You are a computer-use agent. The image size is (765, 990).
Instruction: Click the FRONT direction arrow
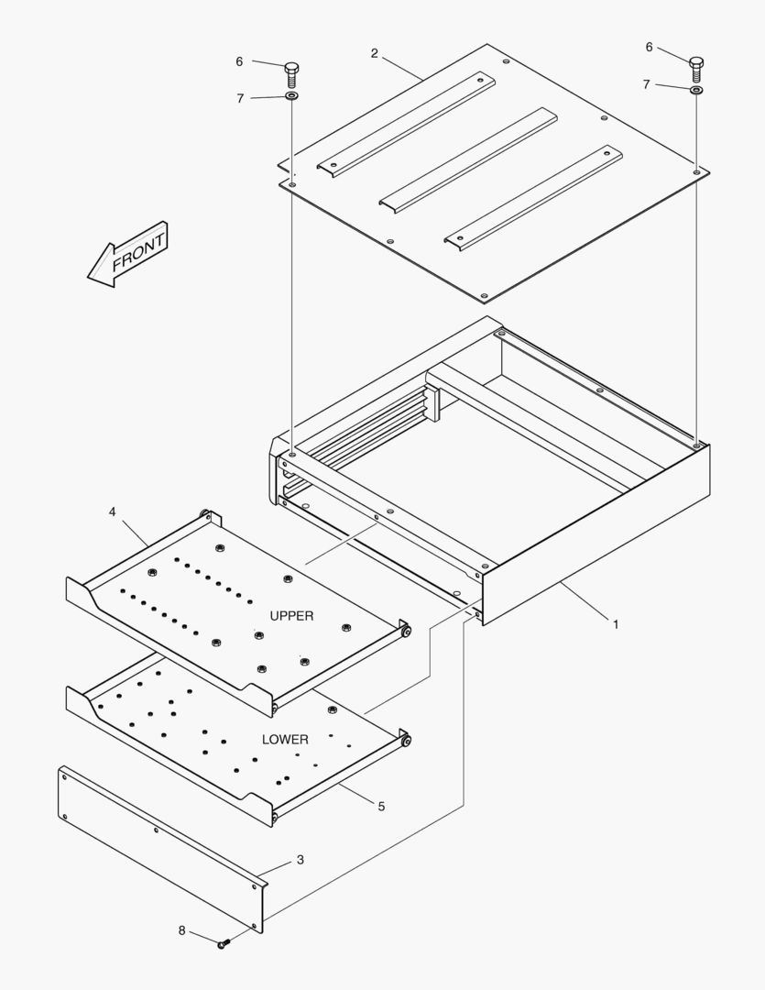point(127,254)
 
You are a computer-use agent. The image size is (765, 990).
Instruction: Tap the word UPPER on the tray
point(291,616)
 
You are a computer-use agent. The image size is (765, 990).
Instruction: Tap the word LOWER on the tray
point(285,740)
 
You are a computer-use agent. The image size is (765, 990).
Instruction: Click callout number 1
point(616,624)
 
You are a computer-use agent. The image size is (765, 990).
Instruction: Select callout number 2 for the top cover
point(375,54)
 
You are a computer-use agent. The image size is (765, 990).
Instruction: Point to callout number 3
point(301,859)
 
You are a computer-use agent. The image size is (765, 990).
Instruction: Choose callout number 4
point(113,511)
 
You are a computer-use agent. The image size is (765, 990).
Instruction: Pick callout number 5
point(381,807)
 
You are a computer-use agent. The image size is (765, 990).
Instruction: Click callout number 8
point(181,930)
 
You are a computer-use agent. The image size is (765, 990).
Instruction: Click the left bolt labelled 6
point(291,74)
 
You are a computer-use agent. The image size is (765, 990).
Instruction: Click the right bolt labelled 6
point(696,69)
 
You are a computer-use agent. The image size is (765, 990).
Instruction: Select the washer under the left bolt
point(291,96)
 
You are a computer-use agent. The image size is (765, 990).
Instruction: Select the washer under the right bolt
point(696,90)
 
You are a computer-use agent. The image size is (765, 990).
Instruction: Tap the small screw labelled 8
point(224,944)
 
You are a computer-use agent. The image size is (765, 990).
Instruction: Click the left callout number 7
point(240,98)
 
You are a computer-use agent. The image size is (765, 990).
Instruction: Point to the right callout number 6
point(649,48)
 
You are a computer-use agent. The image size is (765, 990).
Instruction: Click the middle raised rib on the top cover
point(468,159)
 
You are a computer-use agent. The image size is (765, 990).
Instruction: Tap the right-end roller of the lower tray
point(406,740)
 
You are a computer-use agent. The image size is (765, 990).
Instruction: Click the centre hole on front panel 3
point(157,830)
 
